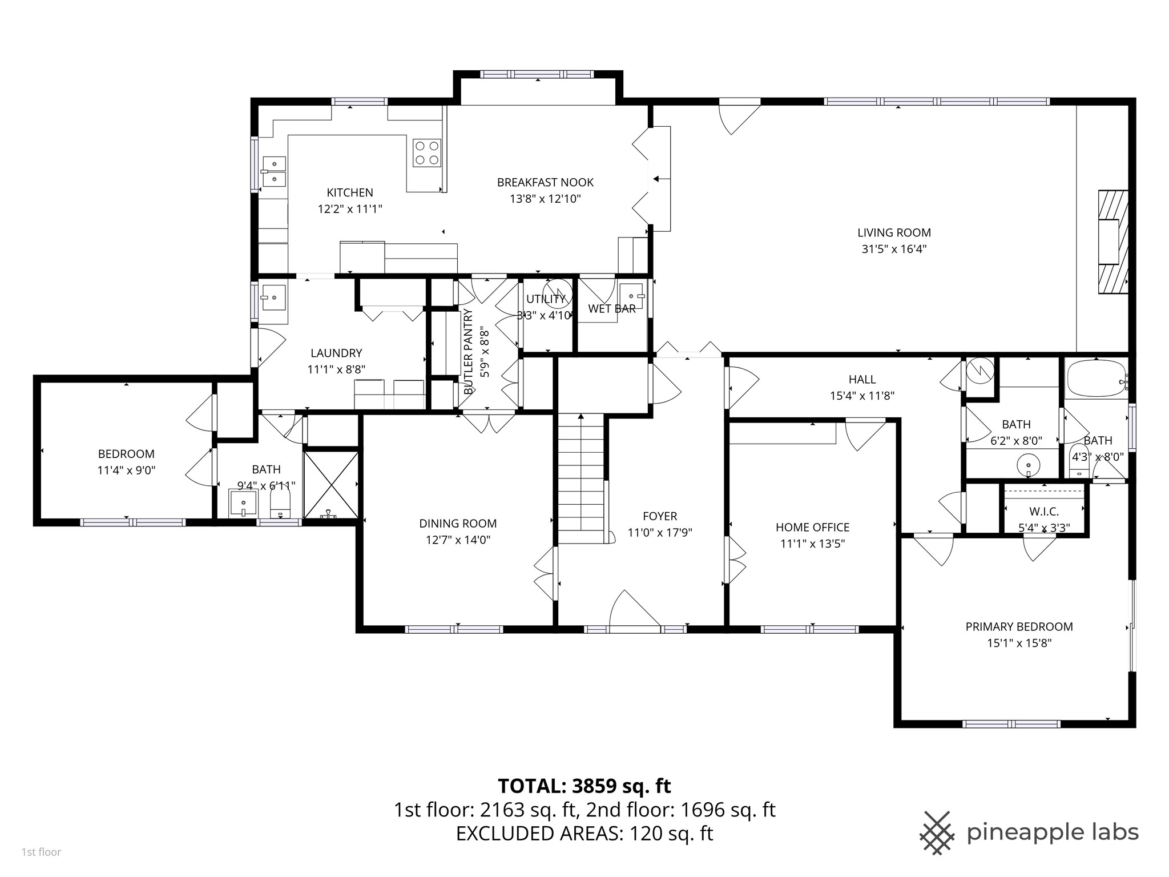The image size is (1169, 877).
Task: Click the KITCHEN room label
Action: tap(350, 193)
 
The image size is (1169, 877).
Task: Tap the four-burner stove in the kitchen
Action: tap(427, 152)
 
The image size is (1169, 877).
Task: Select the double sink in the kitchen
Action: tap(274, 172)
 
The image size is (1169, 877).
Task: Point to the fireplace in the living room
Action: tap(1113, 242)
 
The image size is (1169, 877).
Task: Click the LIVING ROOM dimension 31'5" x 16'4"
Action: tap(894, 249)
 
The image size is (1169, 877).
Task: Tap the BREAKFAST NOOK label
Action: tap(545, 183)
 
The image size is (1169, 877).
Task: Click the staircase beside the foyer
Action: tap(581, 478)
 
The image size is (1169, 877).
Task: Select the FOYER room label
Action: tap(660, 516)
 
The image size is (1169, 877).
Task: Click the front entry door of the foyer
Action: tap(635, 610)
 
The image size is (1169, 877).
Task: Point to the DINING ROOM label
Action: tap(458, 524)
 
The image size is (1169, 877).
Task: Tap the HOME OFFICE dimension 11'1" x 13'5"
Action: tap(812, 544)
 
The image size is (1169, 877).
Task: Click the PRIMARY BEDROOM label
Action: tap(1019, 627)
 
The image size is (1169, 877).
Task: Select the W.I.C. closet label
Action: tap(1044, 512)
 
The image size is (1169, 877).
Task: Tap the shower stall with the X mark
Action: tap(331, 485)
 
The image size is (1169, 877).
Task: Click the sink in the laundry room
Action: tap(274, 297)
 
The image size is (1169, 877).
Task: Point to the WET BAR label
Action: tap(612, 309)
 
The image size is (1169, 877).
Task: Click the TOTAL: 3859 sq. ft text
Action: tap(584, 786)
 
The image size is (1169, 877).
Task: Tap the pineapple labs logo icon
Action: tap(937, 833)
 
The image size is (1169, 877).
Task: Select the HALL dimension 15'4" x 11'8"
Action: tap(862, 395)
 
